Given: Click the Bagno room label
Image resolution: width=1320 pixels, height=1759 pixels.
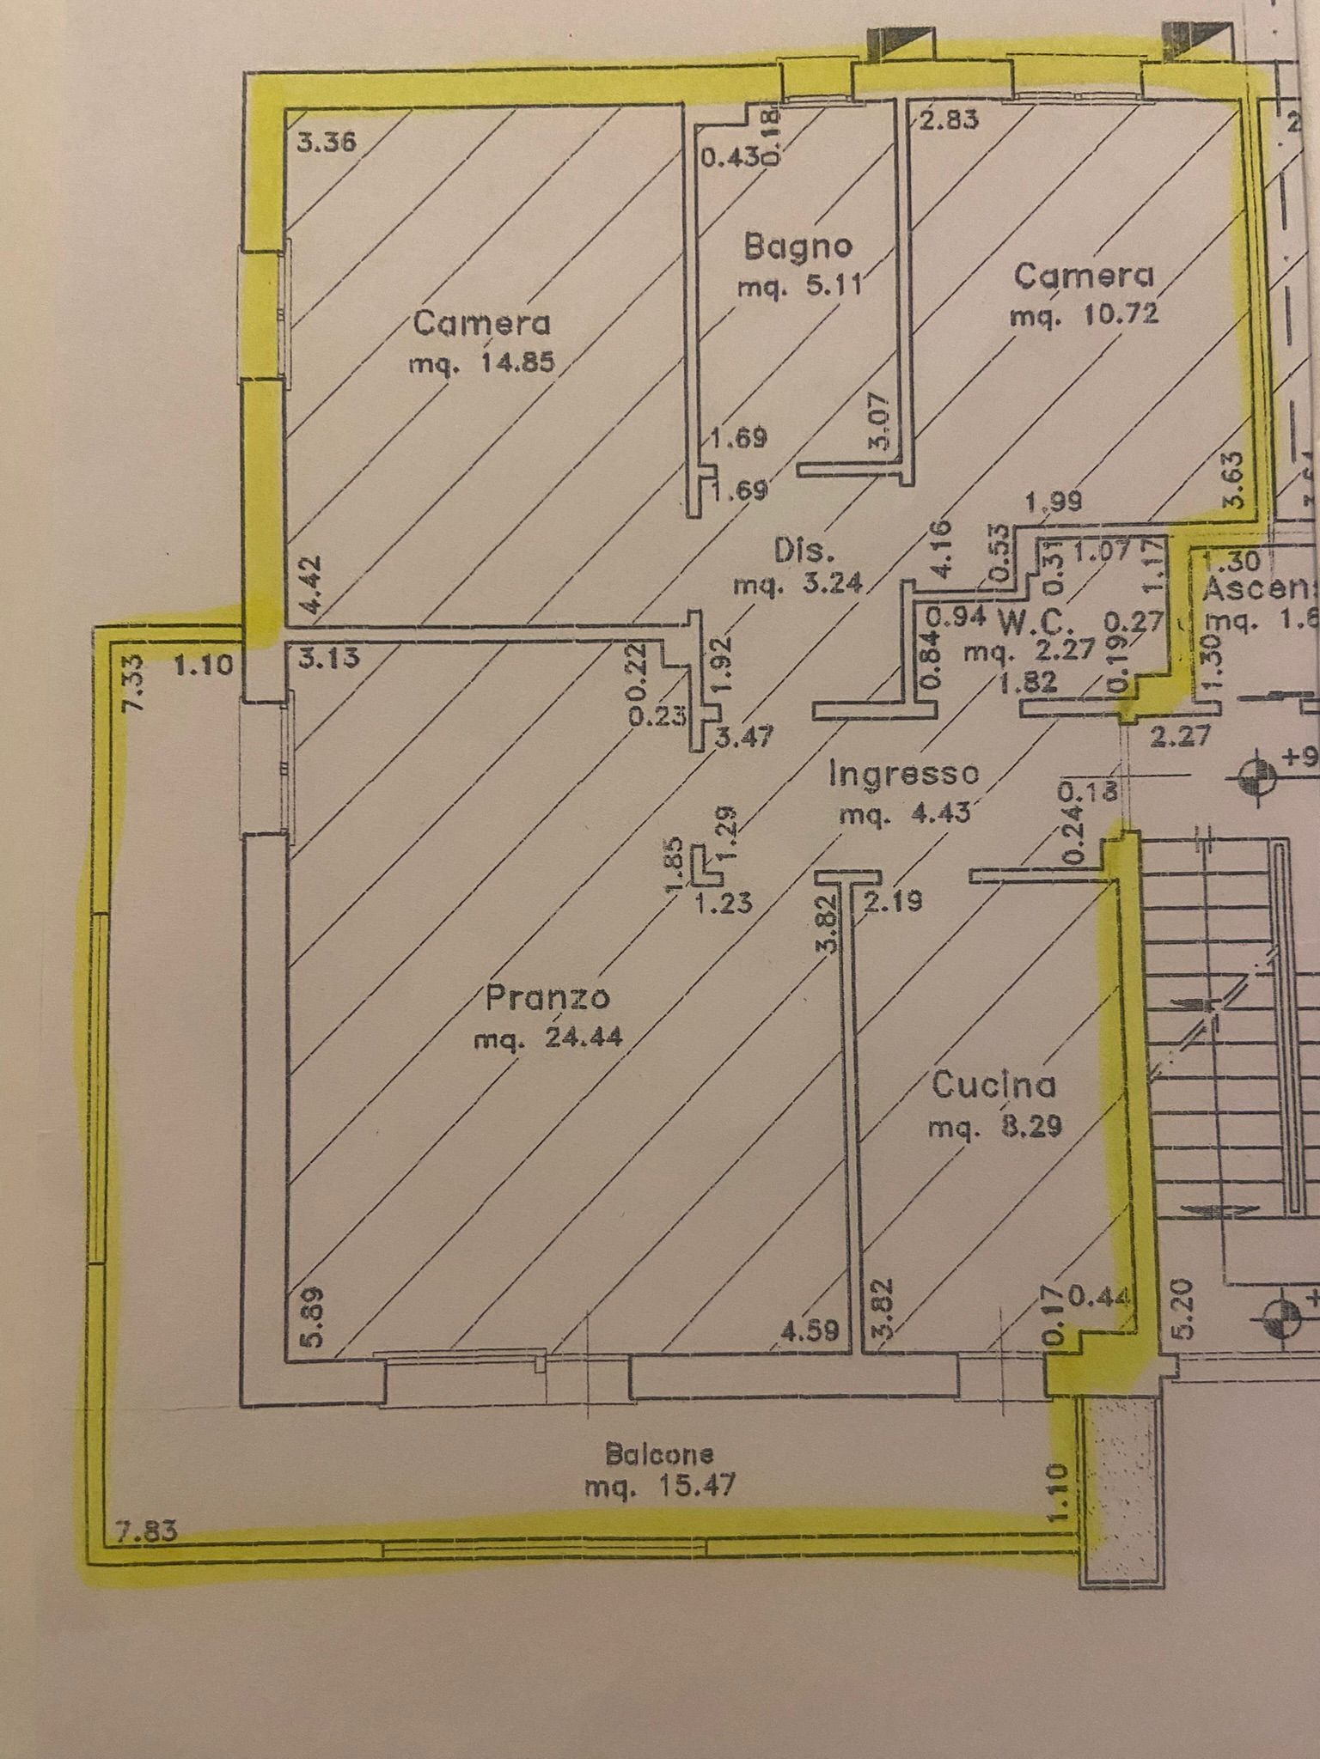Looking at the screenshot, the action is [x=798, y=247].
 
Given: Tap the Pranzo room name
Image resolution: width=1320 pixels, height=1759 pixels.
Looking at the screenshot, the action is [x=547, y=998].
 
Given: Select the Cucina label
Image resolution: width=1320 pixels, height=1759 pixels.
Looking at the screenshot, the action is [x=993, y=1086].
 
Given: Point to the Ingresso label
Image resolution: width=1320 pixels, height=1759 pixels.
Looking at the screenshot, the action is [x=903, y=774].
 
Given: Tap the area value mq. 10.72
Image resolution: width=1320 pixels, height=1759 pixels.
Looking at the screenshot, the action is [x=1085, y=315].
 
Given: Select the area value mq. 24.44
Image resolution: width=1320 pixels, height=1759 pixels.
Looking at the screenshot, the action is [x=547, y=1039].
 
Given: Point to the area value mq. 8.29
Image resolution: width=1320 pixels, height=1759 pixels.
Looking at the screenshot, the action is [x=994, y=1126].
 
